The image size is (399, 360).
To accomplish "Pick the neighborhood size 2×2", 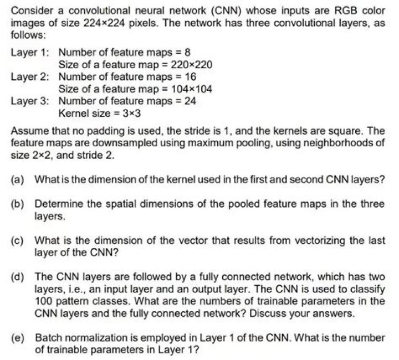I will click(x=35, y=156).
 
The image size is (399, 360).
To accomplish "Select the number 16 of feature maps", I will click(x=183, y=77).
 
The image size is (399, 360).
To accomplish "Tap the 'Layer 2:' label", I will click(x=29, y=77).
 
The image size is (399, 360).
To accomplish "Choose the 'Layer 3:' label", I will click(x=29, y=101).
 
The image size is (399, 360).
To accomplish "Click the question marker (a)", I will click(x=17, y=180).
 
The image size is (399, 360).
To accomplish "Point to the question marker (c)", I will click(x=17, y=241).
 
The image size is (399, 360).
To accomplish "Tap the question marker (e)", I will click(x=17, y=337).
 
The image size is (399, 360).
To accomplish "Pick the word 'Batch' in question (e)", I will click(x=47, y=337).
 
